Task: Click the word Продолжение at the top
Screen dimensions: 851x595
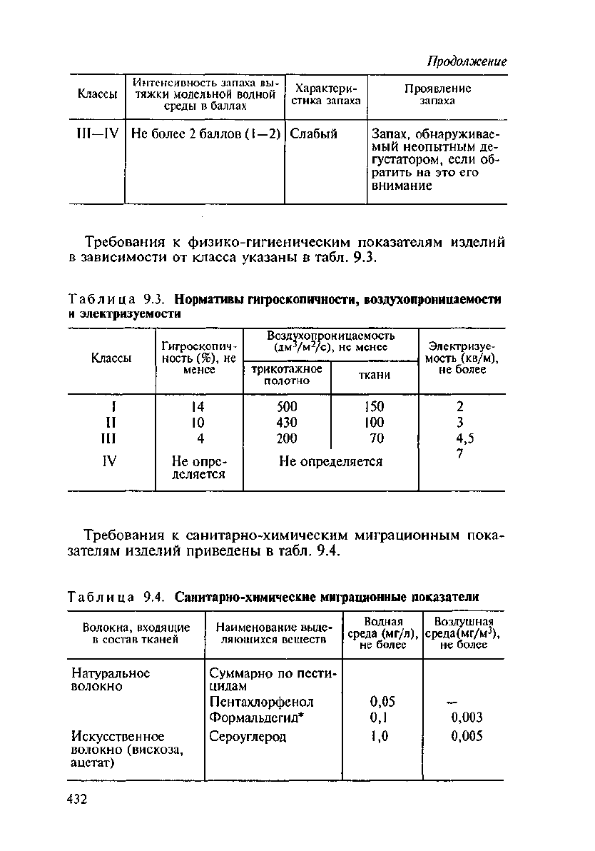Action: click(x=467, y=61)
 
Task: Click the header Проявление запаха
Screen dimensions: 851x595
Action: click(x=437, y=95)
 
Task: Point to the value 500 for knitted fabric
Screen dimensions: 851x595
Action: click(x=286, y=407)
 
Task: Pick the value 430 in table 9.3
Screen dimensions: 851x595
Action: click(x=286, y=423)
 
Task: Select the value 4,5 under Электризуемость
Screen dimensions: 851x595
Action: click(x=460, y=439)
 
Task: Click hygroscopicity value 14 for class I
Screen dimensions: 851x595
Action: click(x=198, y=407)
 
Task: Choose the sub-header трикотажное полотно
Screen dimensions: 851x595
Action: click(x=286, y=376)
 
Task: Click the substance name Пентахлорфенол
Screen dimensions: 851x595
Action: click(x=262, y=702)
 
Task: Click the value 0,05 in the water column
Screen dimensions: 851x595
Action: click(x=383, y=702)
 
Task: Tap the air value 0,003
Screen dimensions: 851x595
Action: click(x=467, y=717)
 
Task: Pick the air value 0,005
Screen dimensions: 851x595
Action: click(x=467, y=736)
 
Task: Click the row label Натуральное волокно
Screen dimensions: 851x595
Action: click(x=111, y=679)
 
